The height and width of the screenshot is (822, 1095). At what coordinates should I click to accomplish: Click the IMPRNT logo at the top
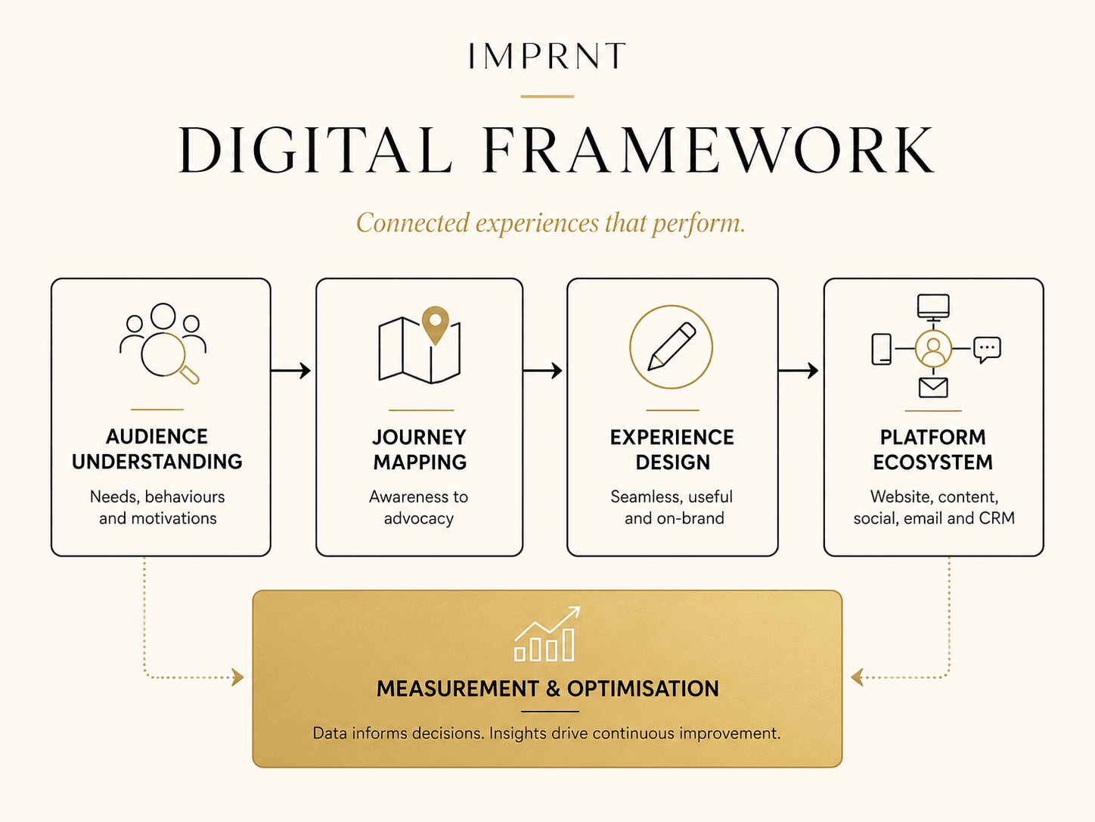[547, 55]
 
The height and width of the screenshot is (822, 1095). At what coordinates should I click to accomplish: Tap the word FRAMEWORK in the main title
[709, 150]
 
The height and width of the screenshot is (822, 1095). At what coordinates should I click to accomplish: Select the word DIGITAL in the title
[315, 150]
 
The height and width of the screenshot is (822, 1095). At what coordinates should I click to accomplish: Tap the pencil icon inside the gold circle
[672, 347]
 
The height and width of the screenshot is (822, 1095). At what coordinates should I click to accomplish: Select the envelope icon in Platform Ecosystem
[933, 388]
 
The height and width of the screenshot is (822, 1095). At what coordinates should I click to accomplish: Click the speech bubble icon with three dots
[988, 350]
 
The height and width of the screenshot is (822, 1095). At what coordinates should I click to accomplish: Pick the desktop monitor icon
[933, 307]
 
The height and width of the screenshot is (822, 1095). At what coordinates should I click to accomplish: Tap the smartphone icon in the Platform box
[881, 349]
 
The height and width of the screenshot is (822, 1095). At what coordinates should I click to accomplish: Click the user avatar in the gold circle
[933, 349]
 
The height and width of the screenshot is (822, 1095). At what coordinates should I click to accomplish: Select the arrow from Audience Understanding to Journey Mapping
[291, 370]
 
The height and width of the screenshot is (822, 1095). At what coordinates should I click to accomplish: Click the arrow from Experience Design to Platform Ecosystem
[798, 370]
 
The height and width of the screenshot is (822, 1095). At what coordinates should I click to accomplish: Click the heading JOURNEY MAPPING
[420, 450]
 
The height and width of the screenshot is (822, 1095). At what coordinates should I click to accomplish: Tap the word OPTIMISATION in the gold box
[643, 689]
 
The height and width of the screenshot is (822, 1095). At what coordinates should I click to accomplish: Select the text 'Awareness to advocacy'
[418, 508]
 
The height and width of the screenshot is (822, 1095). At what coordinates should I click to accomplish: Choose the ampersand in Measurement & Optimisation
[553, 689]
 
